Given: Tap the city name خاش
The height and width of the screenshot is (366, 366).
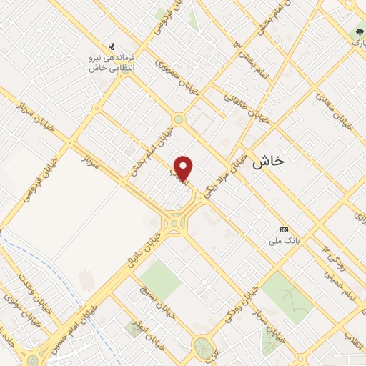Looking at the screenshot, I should pyautogui.click(x=268, y=162).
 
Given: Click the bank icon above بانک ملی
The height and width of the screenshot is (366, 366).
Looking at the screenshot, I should pyautogui.click(x=285, y=229).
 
